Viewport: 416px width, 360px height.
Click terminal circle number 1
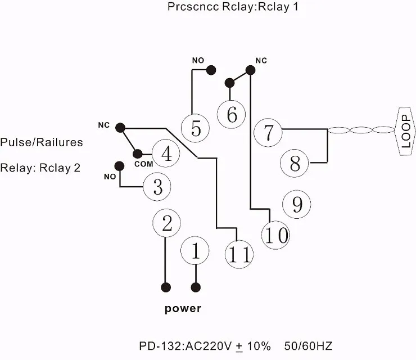(x=196, y=251)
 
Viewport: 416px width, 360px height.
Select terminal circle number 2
(x=166, y=223)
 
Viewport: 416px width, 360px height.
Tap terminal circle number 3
(x=157, y=187)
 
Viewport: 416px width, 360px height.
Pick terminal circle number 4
(x=166, y=153)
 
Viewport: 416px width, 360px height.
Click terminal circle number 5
(x=196, y=128)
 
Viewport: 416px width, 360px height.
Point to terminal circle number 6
(x=231, y=114)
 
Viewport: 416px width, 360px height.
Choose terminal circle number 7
(x=268, y=133)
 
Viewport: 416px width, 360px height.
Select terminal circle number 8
(x=295, y=164)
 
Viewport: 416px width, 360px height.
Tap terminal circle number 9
(x=296, y=204)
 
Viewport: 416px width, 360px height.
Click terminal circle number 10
(x=275, y=235)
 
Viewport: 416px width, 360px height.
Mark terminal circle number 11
(x=239, y=254)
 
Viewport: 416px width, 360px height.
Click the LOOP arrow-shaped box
(x=405, y=132)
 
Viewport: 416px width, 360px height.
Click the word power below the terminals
(x=183, y=308)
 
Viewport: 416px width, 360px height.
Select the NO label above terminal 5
(x=198, y=60)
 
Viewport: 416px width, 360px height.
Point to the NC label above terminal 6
(x=261, y=60)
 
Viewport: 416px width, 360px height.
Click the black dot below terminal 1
(x=196, y=287)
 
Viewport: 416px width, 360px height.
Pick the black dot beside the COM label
(x=137, y=153)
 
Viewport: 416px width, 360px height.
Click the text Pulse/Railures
(x=42, y=142)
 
